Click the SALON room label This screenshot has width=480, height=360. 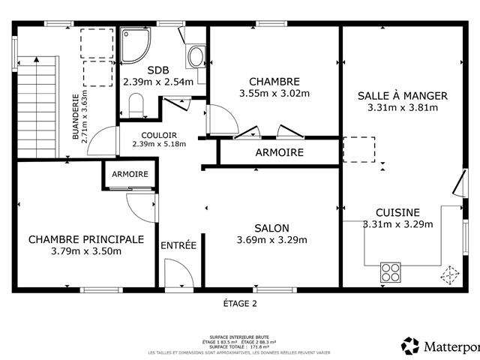point(271,228)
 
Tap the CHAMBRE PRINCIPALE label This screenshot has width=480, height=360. point(85,239)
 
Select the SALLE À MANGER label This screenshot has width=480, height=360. point(403,95)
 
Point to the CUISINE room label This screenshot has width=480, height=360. point(397,212)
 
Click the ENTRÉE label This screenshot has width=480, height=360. point(178,244)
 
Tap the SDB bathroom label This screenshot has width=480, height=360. point(157,70)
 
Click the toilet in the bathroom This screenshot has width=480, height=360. point(136,109)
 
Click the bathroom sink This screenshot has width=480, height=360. point(196,55)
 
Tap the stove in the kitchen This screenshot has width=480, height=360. point(390,270)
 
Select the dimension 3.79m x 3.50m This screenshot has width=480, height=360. point(86,251)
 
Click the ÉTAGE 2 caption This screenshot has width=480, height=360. point(240,304)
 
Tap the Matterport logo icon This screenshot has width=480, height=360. point(410,346)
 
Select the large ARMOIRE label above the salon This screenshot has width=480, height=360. point(279,152)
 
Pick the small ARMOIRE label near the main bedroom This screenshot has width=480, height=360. point(130,174)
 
